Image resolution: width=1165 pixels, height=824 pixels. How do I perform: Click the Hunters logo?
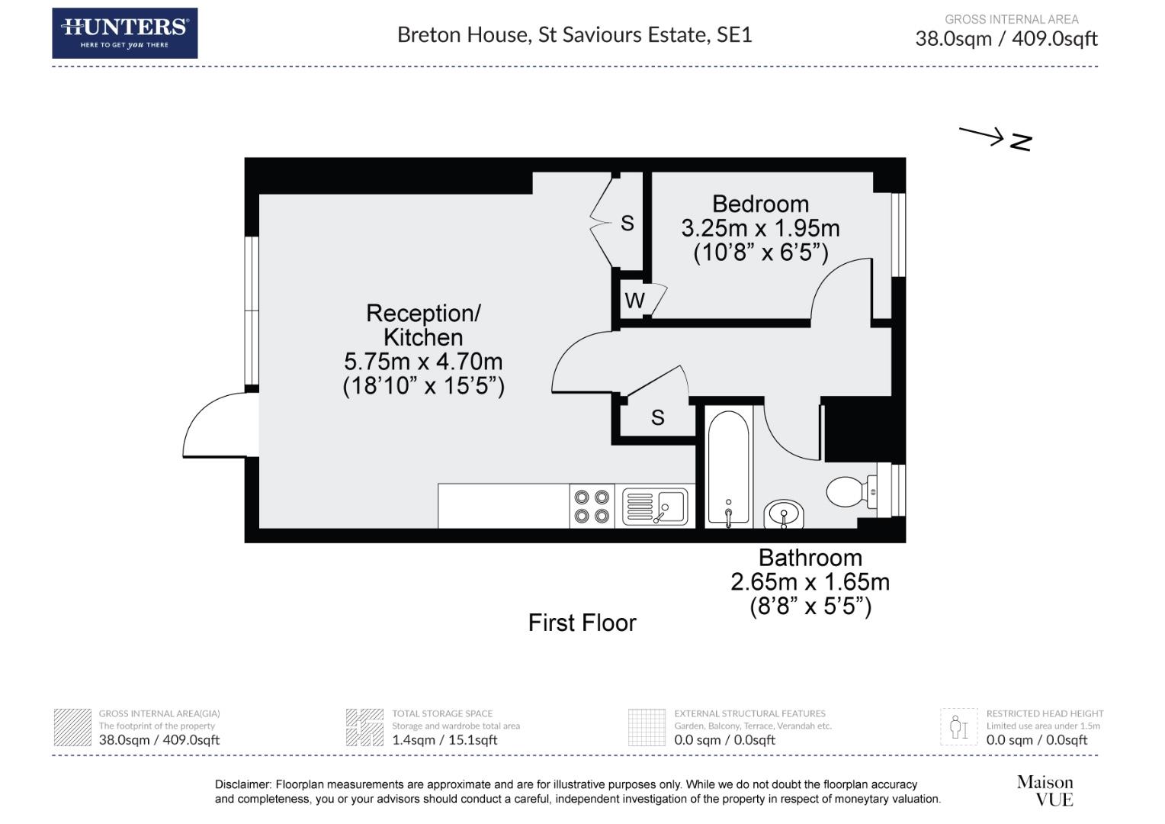point(124,34)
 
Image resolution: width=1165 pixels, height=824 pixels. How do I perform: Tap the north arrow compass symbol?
point(996,138)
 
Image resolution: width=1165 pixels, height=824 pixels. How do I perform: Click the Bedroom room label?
point(760,204)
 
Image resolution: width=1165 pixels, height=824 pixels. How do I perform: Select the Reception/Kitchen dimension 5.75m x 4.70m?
point(423,362)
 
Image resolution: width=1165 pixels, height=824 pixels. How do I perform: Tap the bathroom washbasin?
point(784,513)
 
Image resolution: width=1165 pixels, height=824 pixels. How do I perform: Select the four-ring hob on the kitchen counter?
point(592,506)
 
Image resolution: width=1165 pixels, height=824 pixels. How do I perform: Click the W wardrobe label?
point(634,301)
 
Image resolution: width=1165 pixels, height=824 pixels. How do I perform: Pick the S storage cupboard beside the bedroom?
point(627,223)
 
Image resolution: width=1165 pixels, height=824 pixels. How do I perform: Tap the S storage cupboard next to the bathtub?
point(657,417)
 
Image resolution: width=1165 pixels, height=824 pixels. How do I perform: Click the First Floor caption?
point(582,623)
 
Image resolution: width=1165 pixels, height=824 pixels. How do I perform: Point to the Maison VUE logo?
point(1045,790)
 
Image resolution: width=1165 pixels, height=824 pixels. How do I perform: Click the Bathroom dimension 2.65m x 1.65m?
point(810,582)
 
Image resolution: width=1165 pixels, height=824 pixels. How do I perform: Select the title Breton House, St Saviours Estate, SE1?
point(574,35)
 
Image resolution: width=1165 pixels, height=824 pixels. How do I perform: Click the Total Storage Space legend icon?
point(364,727)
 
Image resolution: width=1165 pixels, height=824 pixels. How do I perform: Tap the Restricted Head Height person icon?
point(958,727)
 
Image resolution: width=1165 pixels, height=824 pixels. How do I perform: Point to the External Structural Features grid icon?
point(647,727)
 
